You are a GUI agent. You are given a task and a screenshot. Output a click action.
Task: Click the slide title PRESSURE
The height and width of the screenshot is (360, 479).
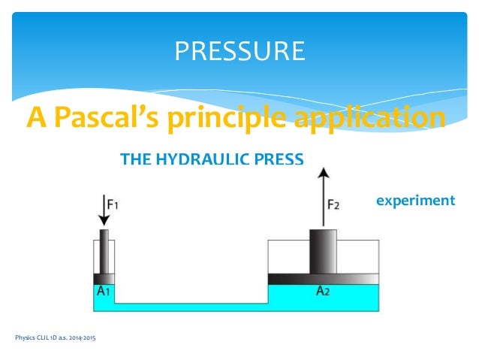tap(239, 50)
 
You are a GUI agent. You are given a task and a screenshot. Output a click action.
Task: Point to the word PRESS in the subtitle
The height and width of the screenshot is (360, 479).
tap(279, 159)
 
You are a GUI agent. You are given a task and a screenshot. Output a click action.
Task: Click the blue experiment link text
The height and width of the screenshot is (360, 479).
tap(415, 201)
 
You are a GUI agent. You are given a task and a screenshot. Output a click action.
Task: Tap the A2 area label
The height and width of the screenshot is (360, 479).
tap(323, 291)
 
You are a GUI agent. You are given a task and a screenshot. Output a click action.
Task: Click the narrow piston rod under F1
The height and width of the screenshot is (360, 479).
tap(104, 252)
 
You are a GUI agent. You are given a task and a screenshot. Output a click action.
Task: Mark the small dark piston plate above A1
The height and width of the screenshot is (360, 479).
tap(104, 278)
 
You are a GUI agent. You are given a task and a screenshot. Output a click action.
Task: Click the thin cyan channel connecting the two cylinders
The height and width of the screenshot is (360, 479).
tap(191, 307)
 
